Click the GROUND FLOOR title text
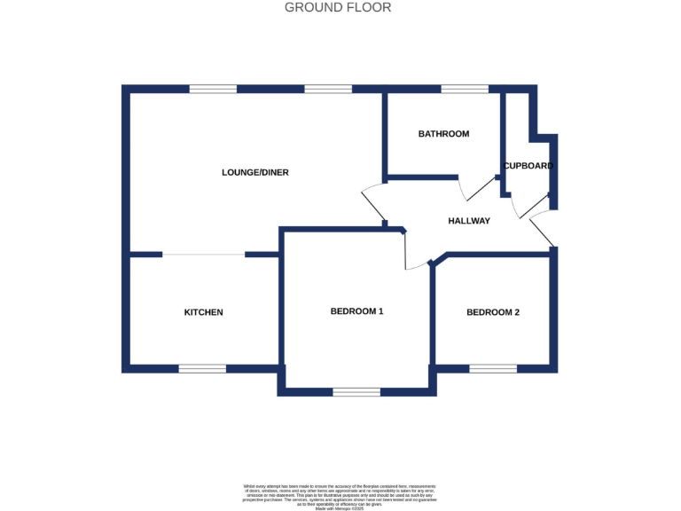click(x=338, y=8)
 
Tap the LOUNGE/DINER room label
click(x=255, y=172)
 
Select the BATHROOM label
click(x=443, y=134)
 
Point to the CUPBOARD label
click(x=528, y=166)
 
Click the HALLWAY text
click(x=468, y=221)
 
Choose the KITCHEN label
click(x=203, y=312)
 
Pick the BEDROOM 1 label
click(x=356, y=311)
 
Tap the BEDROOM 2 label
click(x=493, y=312)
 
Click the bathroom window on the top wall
click(x=465, y=90)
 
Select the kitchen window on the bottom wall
click(x=202, y=368)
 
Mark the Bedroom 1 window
click(x=356, y=391)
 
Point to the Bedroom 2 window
click(x=493, y=368)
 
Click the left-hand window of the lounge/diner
click(x=213, y=90)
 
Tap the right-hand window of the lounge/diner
click(x=328, y=90)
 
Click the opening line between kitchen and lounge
click(x=203, y=255)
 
